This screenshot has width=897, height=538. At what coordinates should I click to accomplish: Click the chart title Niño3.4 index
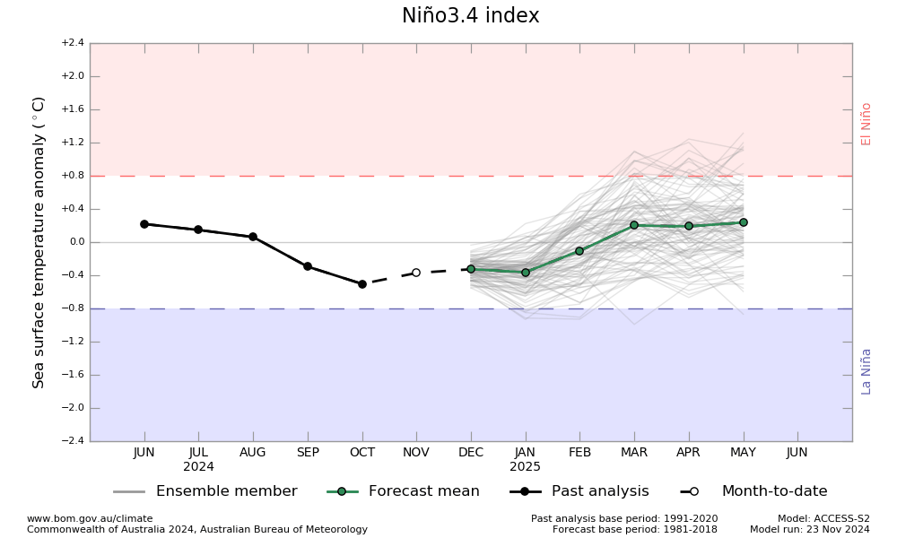click(470, 16)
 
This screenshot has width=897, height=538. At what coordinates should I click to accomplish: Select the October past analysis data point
click(362, 284)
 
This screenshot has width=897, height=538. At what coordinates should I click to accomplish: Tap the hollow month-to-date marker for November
click(416, 273)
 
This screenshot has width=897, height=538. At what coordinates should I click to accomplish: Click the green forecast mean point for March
click(634, 225)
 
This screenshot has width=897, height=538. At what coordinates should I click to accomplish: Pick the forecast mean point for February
click(579, 251)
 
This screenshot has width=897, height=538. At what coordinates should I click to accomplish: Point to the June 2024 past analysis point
click(144, 224)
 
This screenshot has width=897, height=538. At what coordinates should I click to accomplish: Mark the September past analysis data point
click(308, 266)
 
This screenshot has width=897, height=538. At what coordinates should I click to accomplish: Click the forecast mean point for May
click(744, 222)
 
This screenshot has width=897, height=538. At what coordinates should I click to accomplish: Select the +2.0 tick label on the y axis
click(73, 76)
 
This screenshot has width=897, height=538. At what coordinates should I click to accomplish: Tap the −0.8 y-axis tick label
click(73, 308)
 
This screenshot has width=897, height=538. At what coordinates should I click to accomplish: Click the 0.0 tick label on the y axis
click(74, 242)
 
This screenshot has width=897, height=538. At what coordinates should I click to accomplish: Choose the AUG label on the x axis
click(253, 453)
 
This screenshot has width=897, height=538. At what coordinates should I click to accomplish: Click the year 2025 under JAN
click(526, 467)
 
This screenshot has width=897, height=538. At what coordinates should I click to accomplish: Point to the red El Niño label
click(867, 124)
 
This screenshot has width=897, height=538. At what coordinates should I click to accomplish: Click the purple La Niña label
click(867, 371)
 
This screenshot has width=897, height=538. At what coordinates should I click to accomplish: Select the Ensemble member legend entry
click(226, 491)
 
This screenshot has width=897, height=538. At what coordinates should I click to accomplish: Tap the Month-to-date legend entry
click(774, 491)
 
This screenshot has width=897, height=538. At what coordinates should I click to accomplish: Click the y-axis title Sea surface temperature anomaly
click(39, 242)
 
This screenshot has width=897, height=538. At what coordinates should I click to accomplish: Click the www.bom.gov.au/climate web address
click(90, 518)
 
